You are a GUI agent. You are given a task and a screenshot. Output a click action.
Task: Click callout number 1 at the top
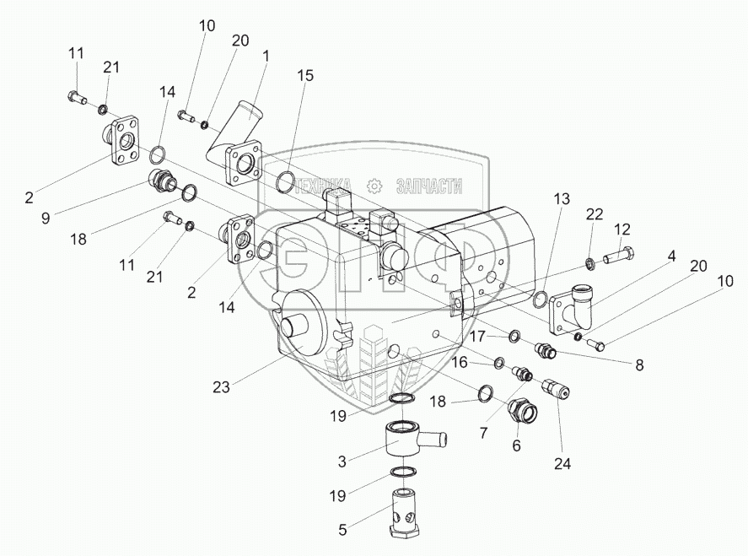pyautogui.click(x=266, y=57)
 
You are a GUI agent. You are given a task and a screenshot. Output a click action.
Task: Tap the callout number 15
pyautogui.click(x=305, y=75)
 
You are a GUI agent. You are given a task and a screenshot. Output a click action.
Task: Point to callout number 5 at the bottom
pyautogui.click(x=342, y=531)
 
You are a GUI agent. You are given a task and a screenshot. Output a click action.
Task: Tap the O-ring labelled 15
pyautogui.click(x=286, y=181)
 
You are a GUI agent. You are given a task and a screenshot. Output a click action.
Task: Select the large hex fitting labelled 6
pyautogui.click(x=519, y=413)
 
